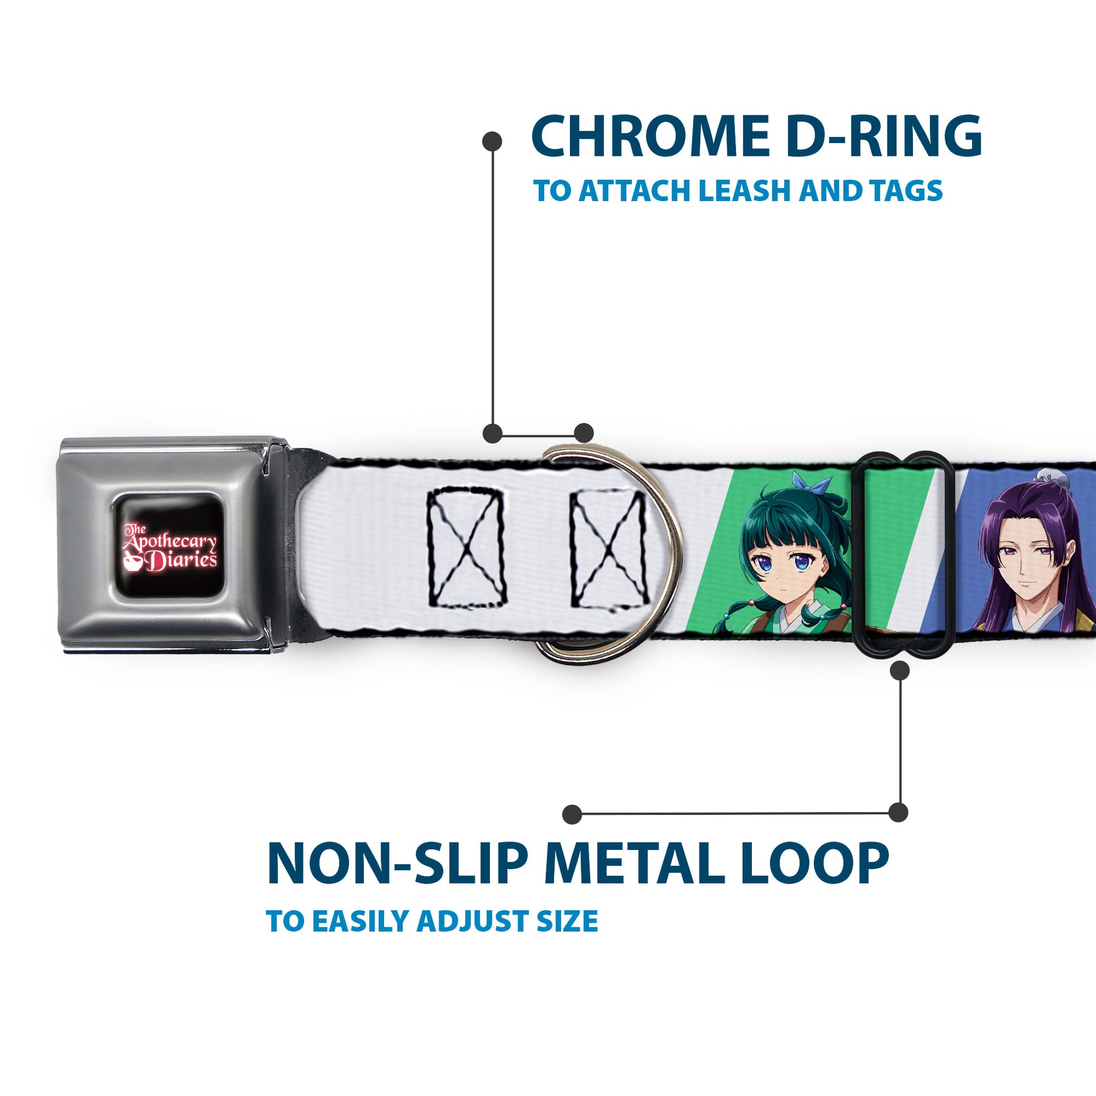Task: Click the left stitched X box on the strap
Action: tap(465, 548)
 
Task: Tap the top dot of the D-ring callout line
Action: tap(492, 141)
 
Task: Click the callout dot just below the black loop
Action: tap(899, 671)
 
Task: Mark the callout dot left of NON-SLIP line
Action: tap(572, 814)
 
